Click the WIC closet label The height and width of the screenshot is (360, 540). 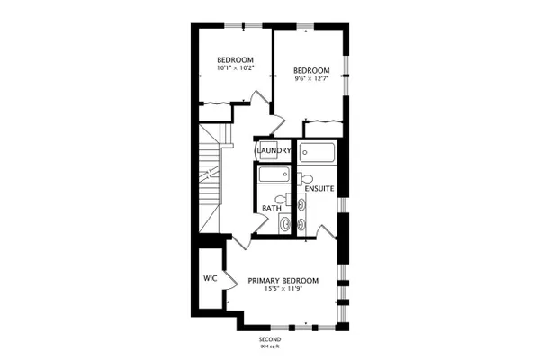point(210,278)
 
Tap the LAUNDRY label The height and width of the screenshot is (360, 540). point(274,150)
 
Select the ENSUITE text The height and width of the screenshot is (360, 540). point(319,188)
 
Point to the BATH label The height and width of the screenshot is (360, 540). point(272,209)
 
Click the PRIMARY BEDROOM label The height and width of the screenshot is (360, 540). point(283,281)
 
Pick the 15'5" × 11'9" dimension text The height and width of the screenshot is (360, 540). point(283,289)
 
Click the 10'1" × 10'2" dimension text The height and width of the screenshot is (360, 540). point(235,67)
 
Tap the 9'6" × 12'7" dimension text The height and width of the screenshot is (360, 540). point(311,78)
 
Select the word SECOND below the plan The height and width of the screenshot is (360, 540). point(270,339)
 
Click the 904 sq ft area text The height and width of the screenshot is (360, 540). point(270,346)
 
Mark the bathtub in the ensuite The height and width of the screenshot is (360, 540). point(317,152)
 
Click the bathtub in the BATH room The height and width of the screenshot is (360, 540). point(274,175)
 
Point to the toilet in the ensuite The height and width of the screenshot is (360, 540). point(305,179)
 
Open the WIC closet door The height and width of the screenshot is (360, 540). point(230,280)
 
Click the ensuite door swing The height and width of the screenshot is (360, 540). point(326,231)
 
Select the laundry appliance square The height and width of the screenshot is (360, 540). point(268,150)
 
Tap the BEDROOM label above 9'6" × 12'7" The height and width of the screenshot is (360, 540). point(311,70)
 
